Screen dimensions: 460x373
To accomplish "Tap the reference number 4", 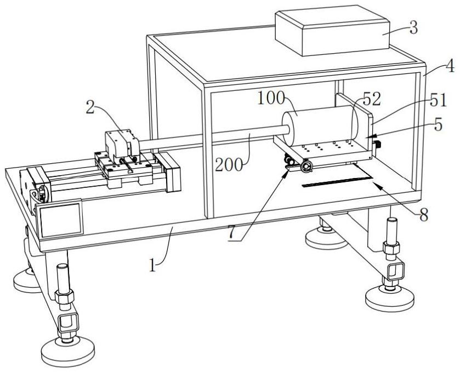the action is point(450,66).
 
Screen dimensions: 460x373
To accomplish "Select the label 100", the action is point(271,98).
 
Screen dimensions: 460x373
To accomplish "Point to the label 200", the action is point(229,165).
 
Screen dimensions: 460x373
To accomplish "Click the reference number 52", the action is point(372,99).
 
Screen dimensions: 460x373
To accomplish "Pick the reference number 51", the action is point(438,100).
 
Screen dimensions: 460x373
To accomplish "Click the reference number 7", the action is point(232,233).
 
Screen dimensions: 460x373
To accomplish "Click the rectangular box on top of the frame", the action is point(332,30).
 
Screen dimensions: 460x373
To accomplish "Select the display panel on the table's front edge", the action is point(61,219).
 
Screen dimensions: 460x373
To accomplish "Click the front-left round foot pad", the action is point(68,352).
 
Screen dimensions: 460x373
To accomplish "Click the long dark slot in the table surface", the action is point(337,181).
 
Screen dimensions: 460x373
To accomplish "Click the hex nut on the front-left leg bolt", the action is point(64,297).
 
